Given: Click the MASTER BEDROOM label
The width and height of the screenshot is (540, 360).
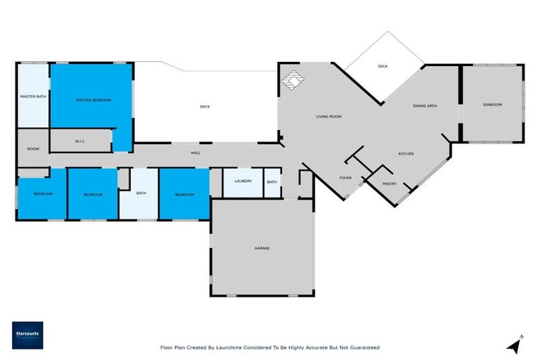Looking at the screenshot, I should tap(94, 101).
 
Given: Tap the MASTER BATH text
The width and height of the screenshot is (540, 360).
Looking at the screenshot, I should tap(33, 96).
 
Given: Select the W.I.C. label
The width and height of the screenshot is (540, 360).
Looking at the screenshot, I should tap(79, 141).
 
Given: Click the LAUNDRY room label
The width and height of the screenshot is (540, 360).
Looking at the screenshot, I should tap(243, 181).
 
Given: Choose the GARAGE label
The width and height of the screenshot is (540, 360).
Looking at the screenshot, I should tap(262, 248).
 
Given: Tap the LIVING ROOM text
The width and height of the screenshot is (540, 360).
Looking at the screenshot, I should tap(328, 117).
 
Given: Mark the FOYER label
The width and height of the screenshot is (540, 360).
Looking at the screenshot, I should tap(345, 178).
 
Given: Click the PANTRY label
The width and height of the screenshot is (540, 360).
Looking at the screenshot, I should tap(390, 184).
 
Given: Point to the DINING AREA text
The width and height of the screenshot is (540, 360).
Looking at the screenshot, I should tap(425, 105).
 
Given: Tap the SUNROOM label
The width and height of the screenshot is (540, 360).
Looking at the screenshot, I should tap(492, 105).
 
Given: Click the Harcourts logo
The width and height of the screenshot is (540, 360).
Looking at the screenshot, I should tap(27, 335).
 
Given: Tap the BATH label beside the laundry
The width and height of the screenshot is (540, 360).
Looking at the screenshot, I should tap(272, 182).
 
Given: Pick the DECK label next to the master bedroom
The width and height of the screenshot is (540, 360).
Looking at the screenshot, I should tap(205, 107).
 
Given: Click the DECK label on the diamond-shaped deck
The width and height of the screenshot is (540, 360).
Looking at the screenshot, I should tap(382, 66).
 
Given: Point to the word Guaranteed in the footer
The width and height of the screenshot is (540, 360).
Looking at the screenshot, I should tap(365, 347).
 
